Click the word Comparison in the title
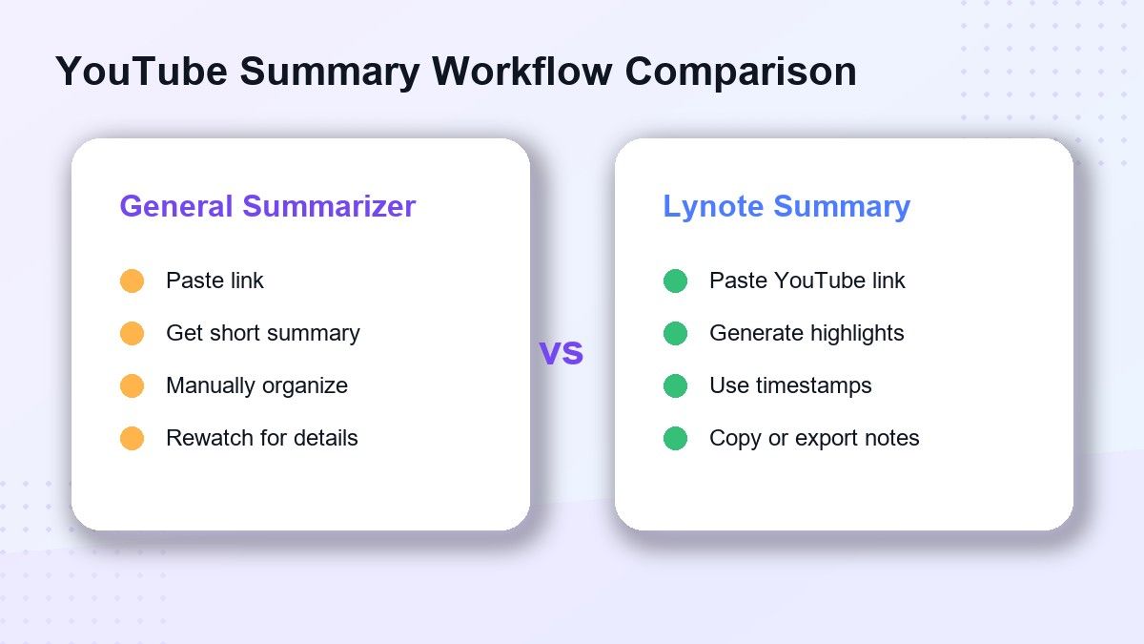point(741,73)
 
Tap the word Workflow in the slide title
point(521,71)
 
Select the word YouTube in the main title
point(141,71)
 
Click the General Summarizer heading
point(268,206)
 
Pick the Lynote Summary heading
point(786,207)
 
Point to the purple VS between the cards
point(562,353)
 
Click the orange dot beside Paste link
point(132,280)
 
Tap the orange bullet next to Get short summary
point(132,333)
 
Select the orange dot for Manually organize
point(132,385)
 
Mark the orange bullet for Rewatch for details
point(132,439)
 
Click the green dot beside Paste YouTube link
point(675,280)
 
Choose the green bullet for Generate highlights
point(675,333)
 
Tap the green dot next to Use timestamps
point(675,385)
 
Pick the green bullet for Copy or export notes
point(675,439)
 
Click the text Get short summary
point(263,334)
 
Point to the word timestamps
point(814,385)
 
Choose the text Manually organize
point(256,386)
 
